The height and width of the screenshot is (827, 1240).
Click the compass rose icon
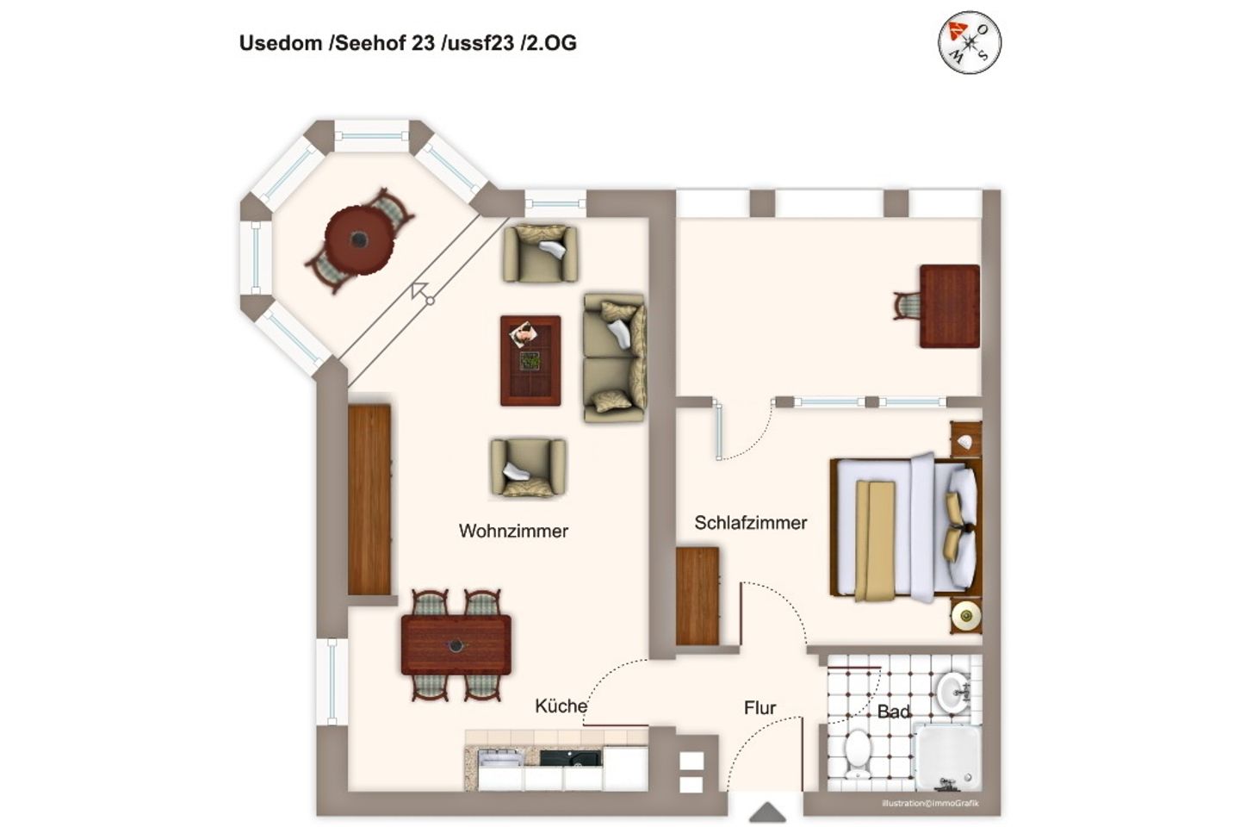click(x=970, y=41)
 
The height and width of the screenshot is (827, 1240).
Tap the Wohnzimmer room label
click(x=513, y=531)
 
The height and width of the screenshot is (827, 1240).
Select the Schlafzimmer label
click(x=750, y=523)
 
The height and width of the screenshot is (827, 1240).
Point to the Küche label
click(x=561, y=706)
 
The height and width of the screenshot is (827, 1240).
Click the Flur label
click(x=759, y=708)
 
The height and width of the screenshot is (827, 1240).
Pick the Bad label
click(x=893, y=712)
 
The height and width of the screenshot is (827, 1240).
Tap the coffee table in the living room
click(x=530, y=360)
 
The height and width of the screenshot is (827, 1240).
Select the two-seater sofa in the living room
click(x=614, y=358)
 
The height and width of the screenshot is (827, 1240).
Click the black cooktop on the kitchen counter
click(x=571, y=758)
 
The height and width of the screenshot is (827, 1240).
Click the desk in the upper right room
click(x=949, y=306)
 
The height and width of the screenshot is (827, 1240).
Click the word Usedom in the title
click(x=280, y=43)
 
